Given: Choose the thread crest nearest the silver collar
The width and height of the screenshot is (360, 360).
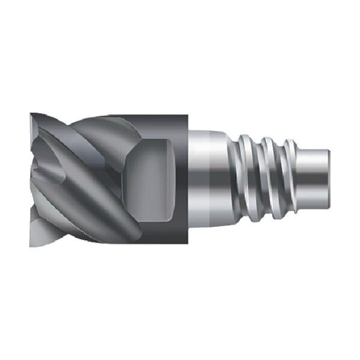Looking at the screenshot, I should tap(247, 175).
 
